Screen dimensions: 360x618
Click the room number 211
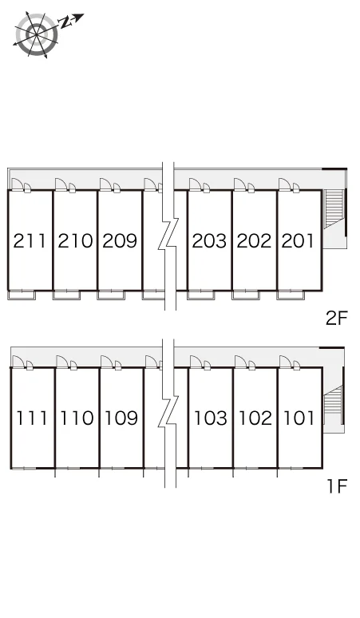pyautogui.click(x=30, y=241)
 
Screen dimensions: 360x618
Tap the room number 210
pyautogui.click(x=75, y=241)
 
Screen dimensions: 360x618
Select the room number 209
pyautogui.click(x=120, y=241)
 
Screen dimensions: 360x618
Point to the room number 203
pyautogui.click(x=209, y=241)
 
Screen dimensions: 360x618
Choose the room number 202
pyautogui.click(x=254, y=241)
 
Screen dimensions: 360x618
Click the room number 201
pyautogui.click(x=298, y=241)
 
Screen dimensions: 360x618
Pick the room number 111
pyautogui.click(x=31, y=418)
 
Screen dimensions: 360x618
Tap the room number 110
pyautogui.click(x=77, y=418)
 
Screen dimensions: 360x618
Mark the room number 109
pyautogui.click(x=121, y=418)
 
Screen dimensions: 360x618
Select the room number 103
pyautogui.click(x=211, y=418)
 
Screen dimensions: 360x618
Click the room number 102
pyautogui.click(x=255, y=418)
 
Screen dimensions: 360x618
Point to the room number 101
pyautogui.click(x=299, y=418)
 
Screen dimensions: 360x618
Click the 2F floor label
pyautogui.click(x=337, y=318)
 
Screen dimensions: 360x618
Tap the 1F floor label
pyautogui.click(x=338, y=486)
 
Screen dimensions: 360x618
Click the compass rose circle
pyautogui.click(x=37, y=34)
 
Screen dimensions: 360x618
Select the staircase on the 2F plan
pyautogui.click(x=334, y=209)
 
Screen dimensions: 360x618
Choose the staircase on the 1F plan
pyautogui.click(x=333, y=405)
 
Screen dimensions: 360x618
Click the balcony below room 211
pyautogui.click(x=22, y=295)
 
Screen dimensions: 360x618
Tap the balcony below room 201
pyautogui.click(x=291, y=295)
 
